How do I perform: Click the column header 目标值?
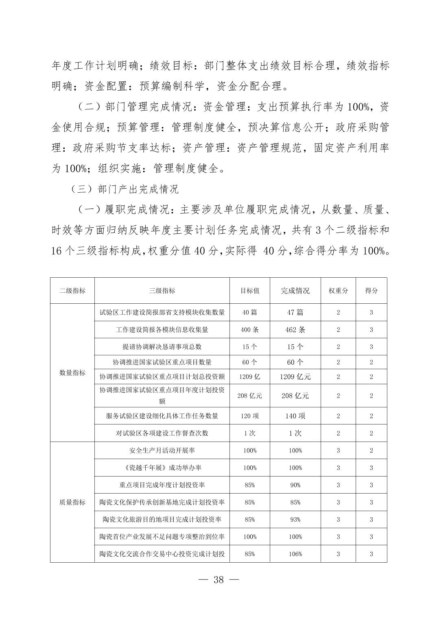(249, 291)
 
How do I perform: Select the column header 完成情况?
(295, 291)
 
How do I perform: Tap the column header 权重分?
(338, 291)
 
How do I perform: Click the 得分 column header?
(371, 291)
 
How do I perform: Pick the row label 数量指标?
(72, 373)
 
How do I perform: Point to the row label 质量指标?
(72, 502)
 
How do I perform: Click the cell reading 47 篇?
(295, 312)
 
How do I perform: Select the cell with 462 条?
(295, 330)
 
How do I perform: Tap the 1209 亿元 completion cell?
(295, 377)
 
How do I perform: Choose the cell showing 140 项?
(295, 416)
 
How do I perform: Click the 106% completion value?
(295, 554)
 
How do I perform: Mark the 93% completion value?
(295, 520)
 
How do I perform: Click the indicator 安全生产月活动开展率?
(162, 450)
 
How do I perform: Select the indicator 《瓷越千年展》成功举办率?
(162, 468)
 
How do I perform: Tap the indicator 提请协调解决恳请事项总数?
(162, 347)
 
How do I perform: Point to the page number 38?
(218, 580)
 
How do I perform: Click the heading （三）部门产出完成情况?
(124, 189)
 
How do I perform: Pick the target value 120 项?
(249, 416)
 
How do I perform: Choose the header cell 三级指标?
(162, 291)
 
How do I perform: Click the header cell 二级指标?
(72, 291)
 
